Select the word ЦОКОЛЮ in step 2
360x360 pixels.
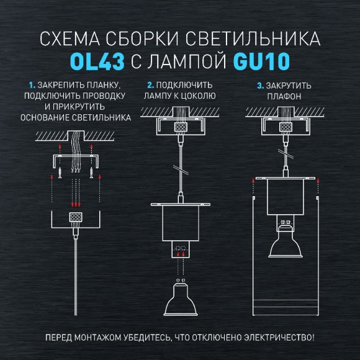197,96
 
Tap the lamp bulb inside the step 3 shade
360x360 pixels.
285,242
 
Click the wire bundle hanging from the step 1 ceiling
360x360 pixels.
77,149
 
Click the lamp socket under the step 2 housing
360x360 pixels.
181,250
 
